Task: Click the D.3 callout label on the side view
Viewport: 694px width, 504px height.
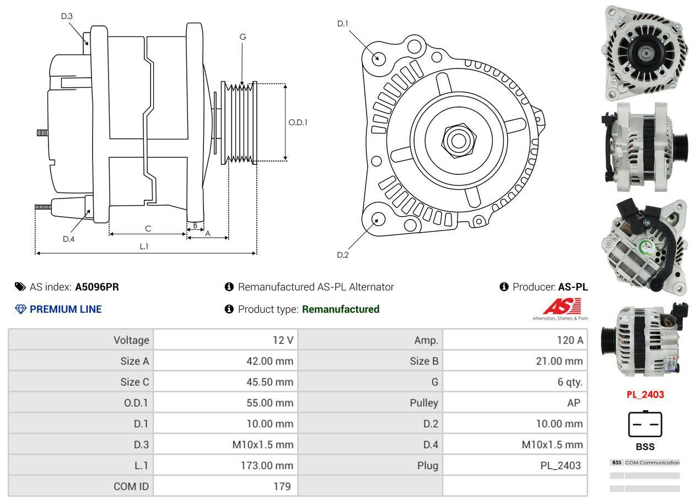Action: pos(67,16)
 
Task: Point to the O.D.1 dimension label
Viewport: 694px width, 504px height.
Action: pos(298,122)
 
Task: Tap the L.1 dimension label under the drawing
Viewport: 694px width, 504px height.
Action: pos(143,246)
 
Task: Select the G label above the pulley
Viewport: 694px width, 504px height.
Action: pos(243,37)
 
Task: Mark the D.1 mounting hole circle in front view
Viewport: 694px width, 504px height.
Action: pos(378,57)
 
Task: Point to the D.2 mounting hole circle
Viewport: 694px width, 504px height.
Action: pos(378,219)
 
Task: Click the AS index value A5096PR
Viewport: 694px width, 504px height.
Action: pos(97,287)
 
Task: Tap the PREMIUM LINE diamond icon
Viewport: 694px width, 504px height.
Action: pos(20,309)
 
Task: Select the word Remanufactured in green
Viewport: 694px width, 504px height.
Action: pos(341,309)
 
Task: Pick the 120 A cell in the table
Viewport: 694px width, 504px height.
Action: pos(569,340)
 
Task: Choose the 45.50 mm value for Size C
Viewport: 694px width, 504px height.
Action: pos(270,382)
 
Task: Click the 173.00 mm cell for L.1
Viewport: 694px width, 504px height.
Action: pos(267,465)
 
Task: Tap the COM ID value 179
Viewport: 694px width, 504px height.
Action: pos(282,486)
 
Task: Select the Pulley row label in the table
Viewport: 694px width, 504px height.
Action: pos(424,403)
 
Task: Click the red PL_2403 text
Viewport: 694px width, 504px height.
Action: pos(645,394)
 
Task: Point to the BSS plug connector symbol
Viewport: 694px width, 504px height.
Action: pos(645,424)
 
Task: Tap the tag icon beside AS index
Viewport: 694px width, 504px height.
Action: pos(20,287)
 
